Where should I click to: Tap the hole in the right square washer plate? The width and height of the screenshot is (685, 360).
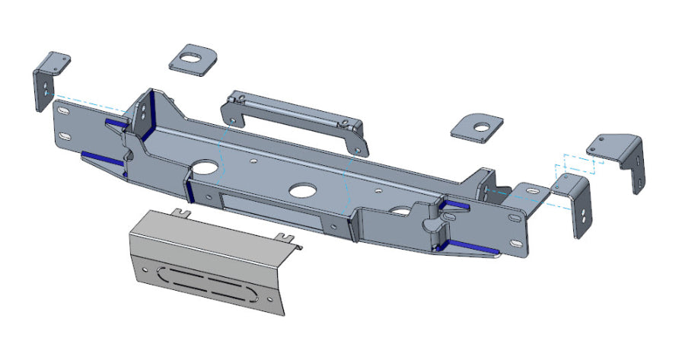pos(481,126)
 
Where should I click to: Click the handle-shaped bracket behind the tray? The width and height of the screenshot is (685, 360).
pos(293,115)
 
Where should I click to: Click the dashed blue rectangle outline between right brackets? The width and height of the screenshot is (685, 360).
pos(578,165)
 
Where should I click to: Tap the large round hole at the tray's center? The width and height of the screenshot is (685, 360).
pos(303,191)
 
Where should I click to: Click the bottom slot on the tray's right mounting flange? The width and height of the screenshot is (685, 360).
pos(517,244)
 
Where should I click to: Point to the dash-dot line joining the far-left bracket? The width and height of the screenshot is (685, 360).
pos(84,100)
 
